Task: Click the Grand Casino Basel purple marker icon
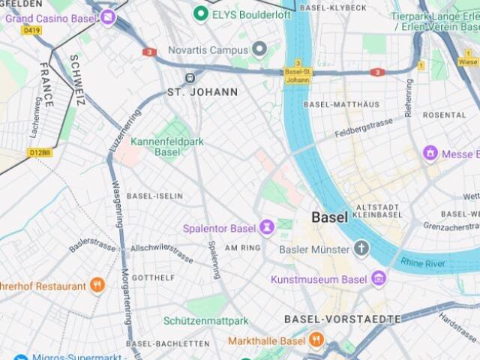109,16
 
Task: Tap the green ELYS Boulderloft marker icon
200,13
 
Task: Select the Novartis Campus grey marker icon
259,50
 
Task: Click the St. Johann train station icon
191,76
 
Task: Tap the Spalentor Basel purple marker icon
267,227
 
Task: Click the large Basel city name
329,217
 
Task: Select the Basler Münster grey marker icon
362,248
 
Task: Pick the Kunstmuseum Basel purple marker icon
379,279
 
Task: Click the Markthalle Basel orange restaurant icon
316,340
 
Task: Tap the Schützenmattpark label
205,321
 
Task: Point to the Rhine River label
422,262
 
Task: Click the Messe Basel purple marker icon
430,154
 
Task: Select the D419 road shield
31,31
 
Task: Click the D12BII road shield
40,152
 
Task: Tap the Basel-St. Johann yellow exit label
298,72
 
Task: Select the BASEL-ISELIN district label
154,196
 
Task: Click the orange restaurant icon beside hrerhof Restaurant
97,286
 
